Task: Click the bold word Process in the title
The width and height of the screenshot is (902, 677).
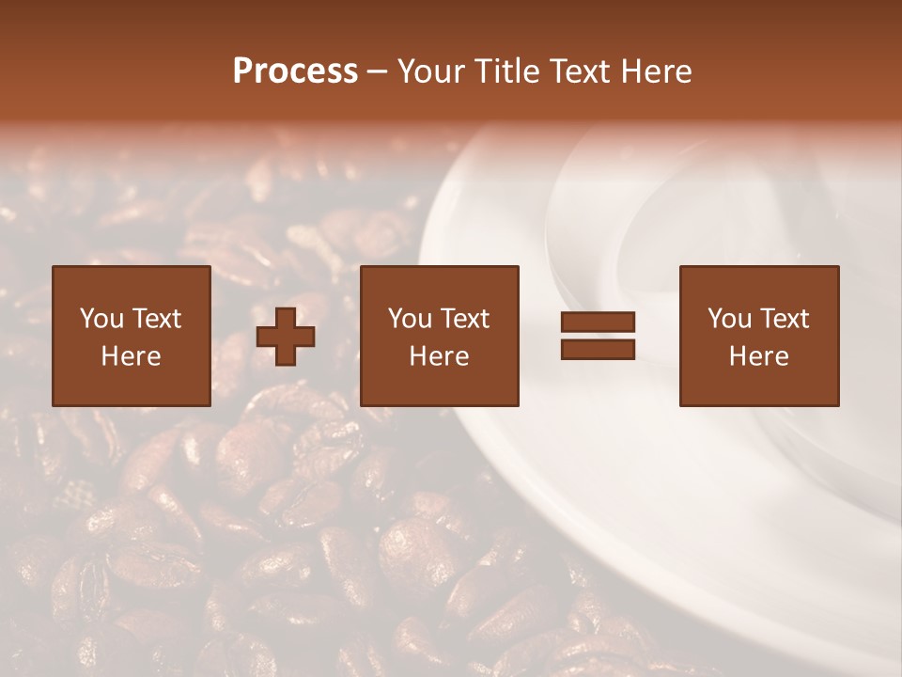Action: point(295,71)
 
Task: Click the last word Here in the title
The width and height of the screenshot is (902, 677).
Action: point(656,71)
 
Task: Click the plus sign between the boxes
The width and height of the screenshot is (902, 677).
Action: point(286,336)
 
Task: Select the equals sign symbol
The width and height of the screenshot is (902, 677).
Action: point(598,336)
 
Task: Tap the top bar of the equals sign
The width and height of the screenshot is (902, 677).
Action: point(598,323)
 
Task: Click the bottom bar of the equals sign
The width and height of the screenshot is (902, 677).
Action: point(598,349)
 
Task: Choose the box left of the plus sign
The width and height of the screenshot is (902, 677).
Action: point(131,336)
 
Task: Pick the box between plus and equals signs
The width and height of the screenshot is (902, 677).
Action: point(439,336)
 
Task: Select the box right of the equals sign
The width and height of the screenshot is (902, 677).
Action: point(758,336)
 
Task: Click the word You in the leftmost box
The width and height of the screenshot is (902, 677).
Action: point(101,319)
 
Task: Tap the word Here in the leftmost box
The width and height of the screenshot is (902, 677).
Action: point(131,356)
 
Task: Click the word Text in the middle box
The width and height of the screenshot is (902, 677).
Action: point(465,319)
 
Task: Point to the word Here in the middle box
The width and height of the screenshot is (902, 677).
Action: point(439,356)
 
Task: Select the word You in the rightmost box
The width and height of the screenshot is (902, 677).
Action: point(729,319)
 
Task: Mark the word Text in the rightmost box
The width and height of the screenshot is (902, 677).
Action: point(785,319)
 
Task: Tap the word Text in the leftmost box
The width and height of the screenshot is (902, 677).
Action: point(157,319)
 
